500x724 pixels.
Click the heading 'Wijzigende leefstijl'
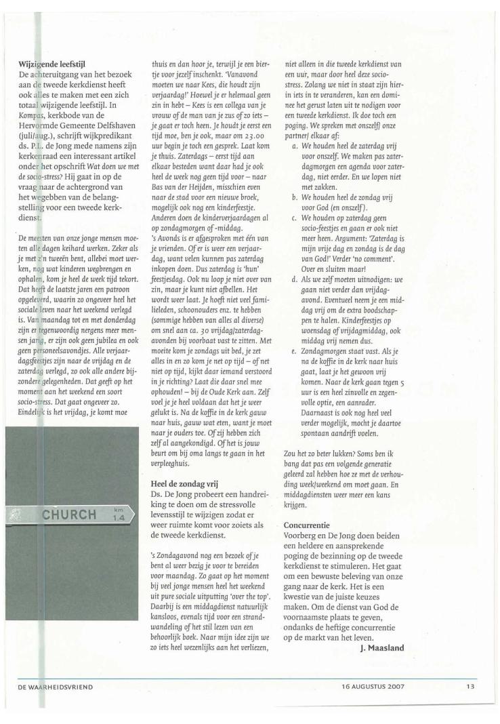pyautogui.click(x=56, y=66)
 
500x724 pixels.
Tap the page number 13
pyautogui.click(x=470, y=687)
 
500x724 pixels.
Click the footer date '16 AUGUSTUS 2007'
pyautogui.click(x=373, y=687)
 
